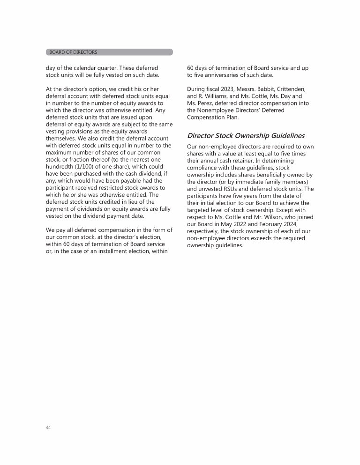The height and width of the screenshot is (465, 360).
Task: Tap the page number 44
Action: click(x=48, y=427)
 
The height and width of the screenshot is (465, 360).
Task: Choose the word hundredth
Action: click(x=62, y=167)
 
